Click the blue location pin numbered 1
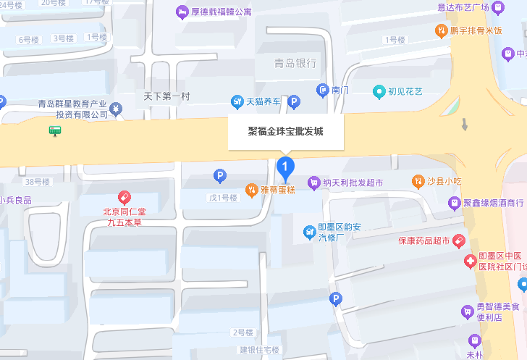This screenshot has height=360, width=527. [x=286, y=169]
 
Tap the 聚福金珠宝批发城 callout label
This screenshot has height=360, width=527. [x=286, y=132]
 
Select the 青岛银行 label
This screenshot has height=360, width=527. [x=295, y=63]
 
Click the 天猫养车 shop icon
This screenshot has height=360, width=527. [x=237, y=101]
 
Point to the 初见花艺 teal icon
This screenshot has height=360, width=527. [x=378, y=92]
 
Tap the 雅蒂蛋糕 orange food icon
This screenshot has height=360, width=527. [x=250, y=190]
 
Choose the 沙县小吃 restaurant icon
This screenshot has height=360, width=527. [x=418, y=180]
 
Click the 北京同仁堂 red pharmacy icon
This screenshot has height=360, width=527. [x=124, y=197]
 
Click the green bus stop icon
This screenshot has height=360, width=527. [x=55, y=130]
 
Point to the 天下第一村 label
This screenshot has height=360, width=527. [x=166, y=96]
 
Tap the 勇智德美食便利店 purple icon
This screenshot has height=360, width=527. [x=468, y=312]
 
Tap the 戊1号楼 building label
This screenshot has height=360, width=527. [x=223, y=198]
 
